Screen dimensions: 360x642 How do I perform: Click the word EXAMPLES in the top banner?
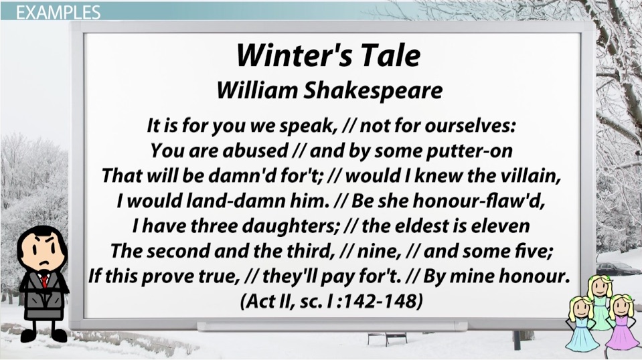(58, 12)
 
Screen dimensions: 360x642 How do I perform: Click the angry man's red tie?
(44, 280)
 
